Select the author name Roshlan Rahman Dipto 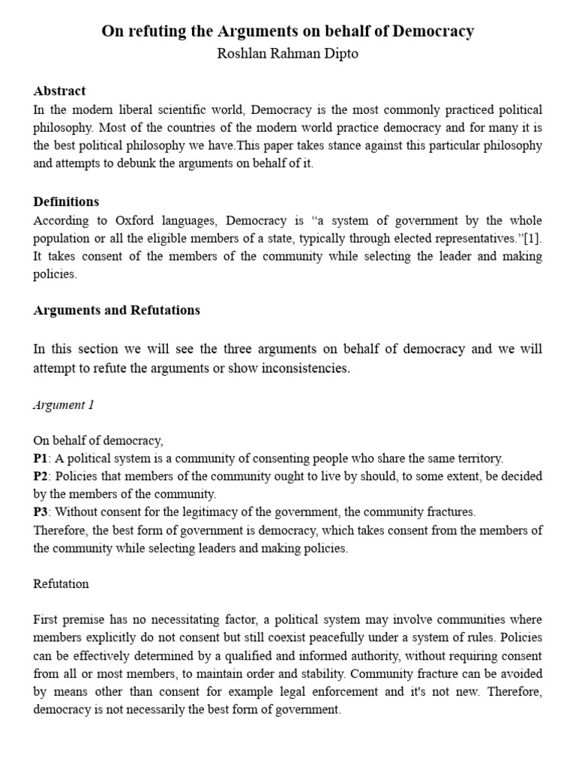click(288, 54)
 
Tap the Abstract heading click(59, 91)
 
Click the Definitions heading click(66, 202)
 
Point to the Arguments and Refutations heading click(116, 310)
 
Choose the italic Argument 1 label click(64, 404)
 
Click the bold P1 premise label click(40, 458)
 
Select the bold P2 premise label click(40, 476)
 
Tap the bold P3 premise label click(40, 512)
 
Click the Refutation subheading click(61, 583)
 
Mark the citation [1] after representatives click(532, 238)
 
